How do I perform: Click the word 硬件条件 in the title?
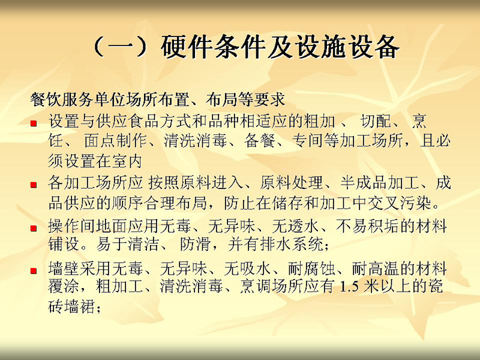pyautogui.click(x=213, y=47)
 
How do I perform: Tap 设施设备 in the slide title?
pyautogui.click(x=346, y=47)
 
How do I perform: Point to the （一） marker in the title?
pyautogui.click(x=122, y=47)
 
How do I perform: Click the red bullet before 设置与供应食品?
pyautogui.click(x=34, y=124)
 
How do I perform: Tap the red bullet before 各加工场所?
pyautogui.click(x=34, y=185)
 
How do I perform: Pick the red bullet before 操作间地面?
pyautogui.click(x=34, y=228)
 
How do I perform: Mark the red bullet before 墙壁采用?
pyautogui.click(x=34, y=271)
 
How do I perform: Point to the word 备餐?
pyautogui.click(x=259, y=141)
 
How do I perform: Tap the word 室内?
pyautogui.click(x=126, y=161)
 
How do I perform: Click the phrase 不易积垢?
pyautogui.click(x=367, y=226)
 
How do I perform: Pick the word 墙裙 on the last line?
pyautogui.click(x=80, y=306)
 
